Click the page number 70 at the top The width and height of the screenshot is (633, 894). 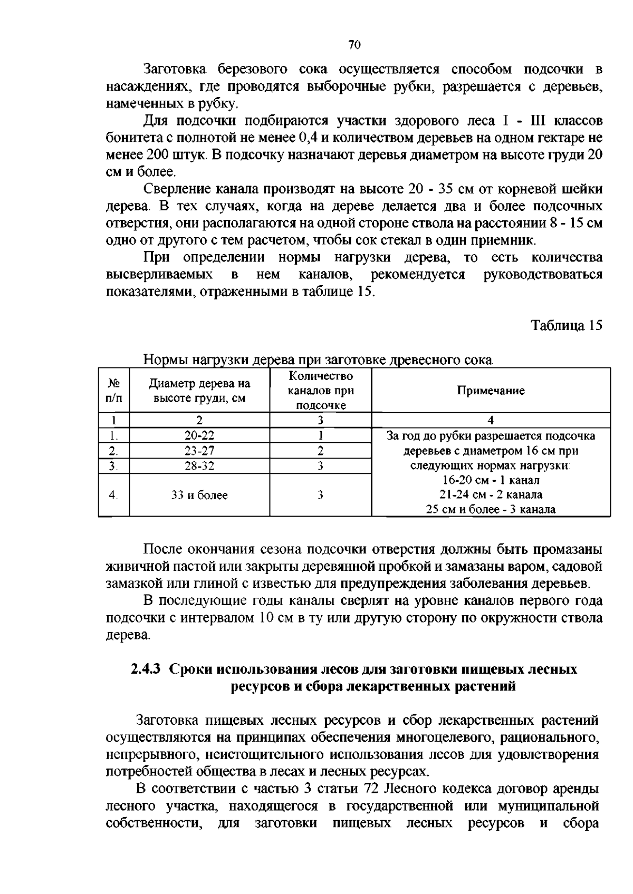click(x=354, y=45)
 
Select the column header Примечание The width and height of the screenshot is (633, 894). click(x=491, y=391)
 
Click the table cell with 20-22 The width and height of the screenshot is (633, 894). click(x=199, y=435)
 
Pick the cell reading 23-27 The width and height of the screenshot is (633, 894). click(x=199, y=451)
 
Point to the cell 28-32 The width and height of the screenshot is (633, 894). click(x=199, y=466)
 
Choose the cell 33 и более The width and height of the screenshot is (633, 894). click(x=199, y=495)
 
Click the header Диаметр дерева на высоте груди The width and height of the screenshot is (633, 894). click(x=199, y=391)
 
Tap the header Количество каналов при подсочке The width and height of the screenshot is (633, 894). click(x=320, y=391)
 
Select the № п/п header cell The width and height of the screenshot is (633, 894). click(x=113, y=391)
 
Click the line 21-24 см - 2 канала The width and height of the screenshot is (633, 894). click(x=491, y=495)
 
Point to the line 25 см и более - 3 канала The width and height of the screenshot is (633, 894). click(x=491, y=510)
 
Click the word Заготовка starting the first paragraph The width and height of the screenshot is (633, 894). click(x=170, y=69)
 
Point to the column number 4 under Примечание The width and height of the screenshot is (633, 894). click(x=491, y=420)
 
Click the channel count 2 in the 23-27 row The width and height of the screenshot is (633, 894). click(x=320, y=451)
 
